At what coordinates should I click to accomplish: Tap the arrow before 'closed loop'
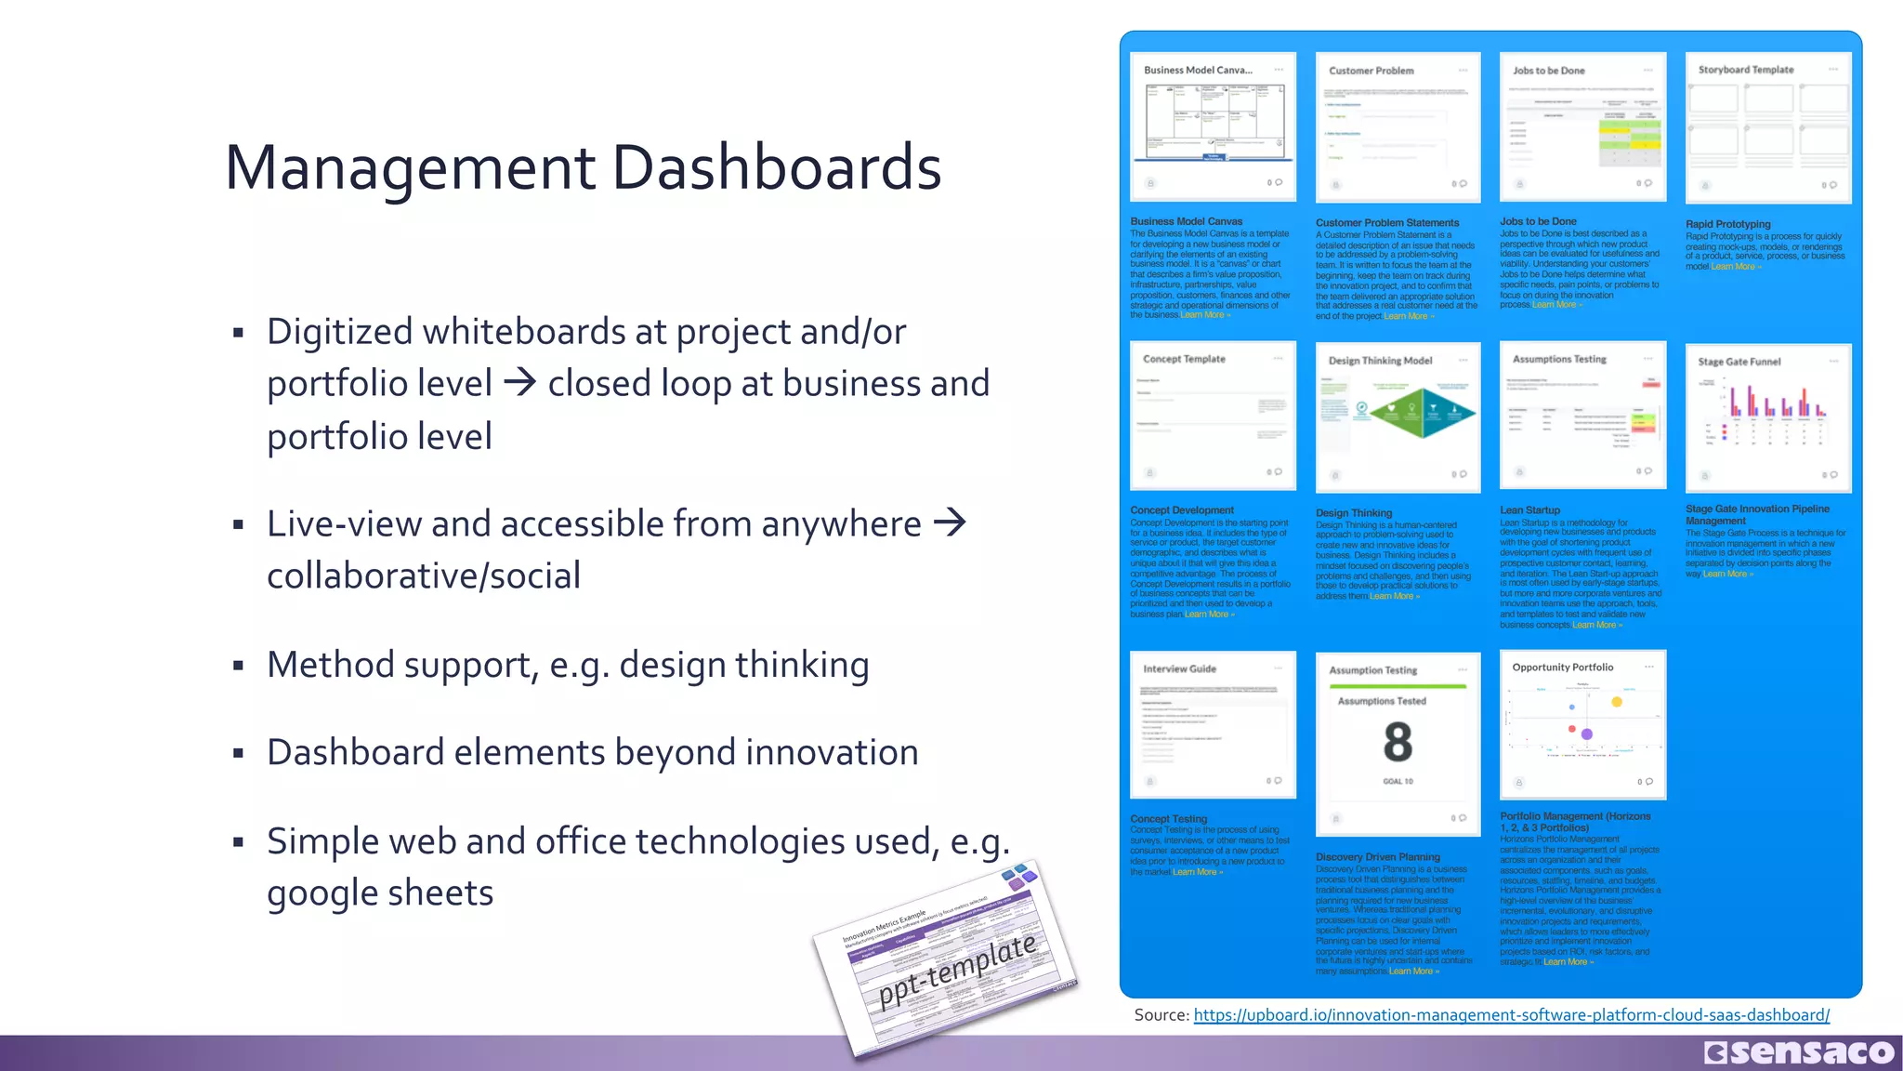519,383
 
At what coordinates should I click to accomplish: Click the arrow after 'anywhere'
950,523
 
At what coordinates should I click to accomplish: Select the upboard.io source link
1511,1015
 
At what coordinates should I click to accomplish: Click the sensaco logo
1799,1052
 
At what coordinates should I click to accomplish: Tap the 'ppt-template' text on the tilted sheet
957,971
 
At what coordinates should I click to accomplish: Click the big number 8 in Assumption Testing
1398,742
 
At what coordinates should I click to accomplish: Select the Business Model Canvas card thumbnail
1213,125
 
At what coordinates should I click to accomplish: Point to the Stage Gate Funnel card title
1739,362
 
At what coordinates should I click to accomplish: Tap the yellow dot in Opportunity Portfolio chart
1617,702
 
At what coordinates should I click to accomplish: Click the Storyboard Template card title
1745,70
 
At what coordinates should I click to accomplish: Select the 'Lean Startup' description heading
1529,510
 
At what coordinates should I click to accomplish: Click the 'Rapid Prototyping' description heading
1727,224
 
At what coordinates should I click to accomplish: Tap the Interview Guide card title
1179,668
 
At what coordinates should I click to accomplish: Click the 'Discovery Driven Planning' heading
1377,857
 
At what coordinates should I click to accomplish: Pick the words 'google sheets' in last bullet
380,892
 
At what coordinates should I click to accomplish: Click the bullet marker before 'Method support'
239,666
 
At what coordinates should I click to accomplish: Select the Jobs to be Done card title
1548,71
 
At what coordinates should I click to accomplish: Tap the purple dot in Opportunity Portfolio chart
1587,734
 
